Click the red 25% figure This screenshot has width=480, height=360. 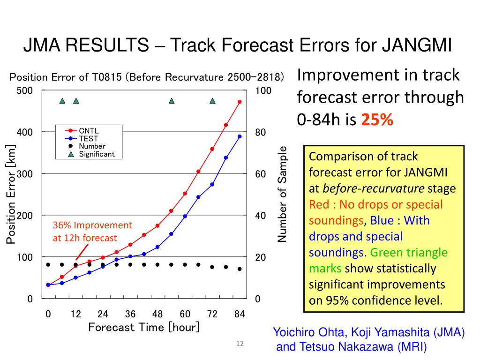click(x=377, y=120)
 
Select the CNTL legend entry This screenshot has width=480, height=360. click(x=88, y=130)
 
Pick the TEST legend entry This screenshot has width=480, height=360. click(x=88, y=138)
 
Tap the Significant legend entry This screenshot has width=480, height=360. click(x=97, y=154)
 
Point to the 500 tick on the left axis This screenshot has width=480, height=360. click(x=25, y=90)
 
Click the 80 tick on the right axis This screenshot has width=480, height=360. click(x=261, y=133)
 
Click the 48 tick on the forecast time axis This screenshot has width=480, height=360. click(x=157, y=314)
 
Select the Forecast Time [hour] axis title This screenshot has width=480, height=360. click(x=144, y=327)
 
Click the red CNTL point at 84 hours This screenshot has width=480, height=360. click(x=240, y=102)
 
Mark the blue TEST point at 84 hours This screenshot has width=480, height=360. click(x=240, y=136)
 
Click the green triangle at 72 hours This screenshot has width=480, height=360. click(x=212, y=101)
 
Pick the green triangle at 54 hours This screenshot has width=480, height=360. click(x=172, y=101)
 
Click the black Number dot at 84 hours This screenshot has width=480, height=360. click(x=240, y=269)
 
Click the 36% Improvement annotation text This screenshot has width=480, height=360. click(x=92, y=225)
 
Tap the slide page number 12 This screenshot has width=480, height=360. click(x=240, y=345)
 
